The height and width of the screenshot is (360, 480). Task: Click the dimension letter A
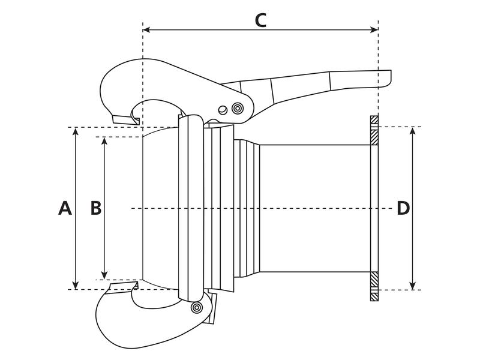pyautogui.click(x=65, y=208)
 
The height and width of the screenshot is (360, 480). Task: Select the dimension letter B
pyautogui.click(x=95, y=208)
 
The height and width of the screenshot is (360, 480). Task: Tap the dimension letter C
pyautogui.click(x=260, y=20)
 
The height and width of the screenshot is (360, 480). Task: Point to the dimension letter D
pyautogui.click(x=403, y=208)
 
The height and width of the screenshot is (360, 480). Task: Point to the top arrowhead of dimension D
pyautogui.click(x=413, y=131)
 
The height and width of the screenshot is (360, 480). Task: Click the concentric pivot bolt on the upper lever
pyautogui.click(x=238, y=109)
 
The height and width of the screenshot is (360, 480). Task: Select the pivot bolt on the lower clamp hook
pyautogui.click(x=195, y=308)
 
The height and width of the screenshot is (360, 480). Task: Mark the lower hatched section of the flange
pyautogui.click(x=374, y=286)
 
